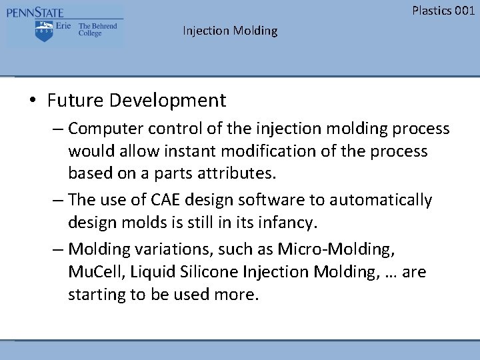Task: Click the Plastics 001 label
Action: (x=443, y=10)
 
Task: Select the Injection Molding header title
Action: (x=230, y=31)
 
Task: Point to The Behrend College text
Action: (x=97, y=30)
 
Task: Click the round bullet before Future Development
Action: (x=33, y=101)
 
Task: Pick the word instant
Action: (x=179, y=151)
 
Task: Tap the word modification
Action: (x=265, y=151)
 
